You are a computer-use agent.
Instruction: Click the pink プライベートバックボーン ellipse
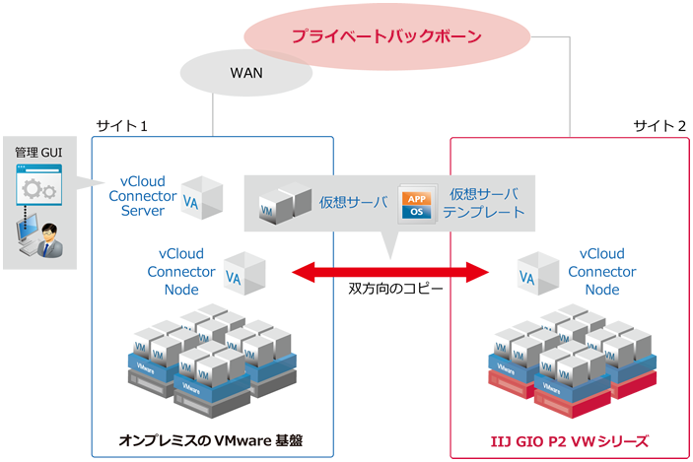pos(385,37)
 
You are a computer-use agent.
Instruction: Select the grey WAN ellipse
pos(246,73)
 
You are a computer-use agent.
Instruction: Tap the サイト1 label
pos(122,126)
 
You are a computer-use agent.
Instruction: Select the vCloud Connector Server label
pos(149,196)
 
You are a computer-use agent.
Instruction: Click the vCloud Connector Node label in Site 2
pos(601,271)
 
